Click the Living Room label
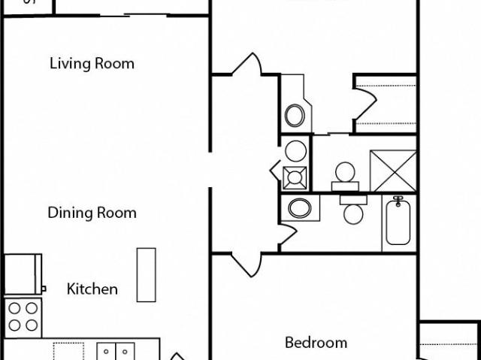[x=92, y=63]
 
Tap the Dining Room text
[x=92, y=213]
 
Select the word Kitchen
[x=92, y=289]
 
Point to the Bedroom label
[x=316, y=343]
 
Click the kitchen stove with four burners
[x=23, y=316]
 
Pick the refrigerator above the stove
[x=23, y=274]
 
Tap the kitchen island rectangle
[x=146, y=274]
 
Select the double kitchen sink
[x=116, y=351]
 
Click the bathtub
[x=398, y=221]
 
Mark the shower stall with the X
[x=392, y=171]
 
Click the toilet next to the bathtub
[x=352, y=210]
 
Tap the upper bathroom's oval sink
[x=295, y=116]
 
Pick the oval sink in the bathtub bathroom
[x=301, y=207]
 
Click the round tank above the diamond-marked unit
[x=295, y=150]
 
